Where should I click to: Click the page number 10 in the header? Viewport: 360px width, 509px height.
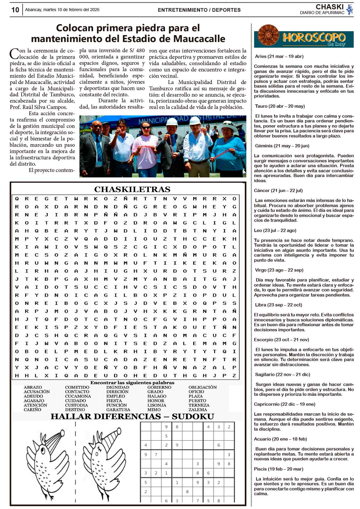(x=15, y=10)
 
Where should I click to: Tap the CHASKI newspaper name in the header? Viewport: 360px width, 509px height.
(x=329, y=7)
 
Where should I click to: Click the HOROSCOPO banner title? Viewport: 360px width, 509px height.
(x=314, y=38)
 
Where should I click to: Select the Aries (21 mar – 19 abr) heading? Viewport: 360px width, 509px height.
(x=279, y=56)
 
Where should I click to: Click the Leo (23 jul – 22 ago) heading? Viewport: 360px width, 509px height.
(x=275, y=230)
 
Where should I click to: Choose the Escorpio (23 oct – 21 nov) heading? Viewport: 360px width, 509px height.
(x=281, y=340)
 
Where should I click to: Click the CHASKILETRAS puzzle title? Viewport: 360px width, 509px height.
(x=132, y=189)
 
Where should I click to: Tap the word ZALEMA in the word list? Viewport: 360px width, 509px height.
(x=198, y=410)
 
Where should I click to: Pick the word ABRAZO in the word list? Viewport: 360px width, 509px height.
(x=33, y=387)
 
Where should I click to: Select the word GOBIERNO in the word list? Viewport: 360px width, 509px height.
(x=159, y=387)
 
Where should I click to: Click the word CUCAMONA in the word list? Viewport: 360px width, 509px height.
(x=78, y=396)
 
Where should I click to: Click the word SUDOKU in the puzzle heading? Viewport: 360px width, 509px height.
(x=193, y=417)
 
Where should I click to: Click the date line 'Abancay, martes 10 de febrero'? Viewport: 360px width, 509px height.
(x=62, y=10)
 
